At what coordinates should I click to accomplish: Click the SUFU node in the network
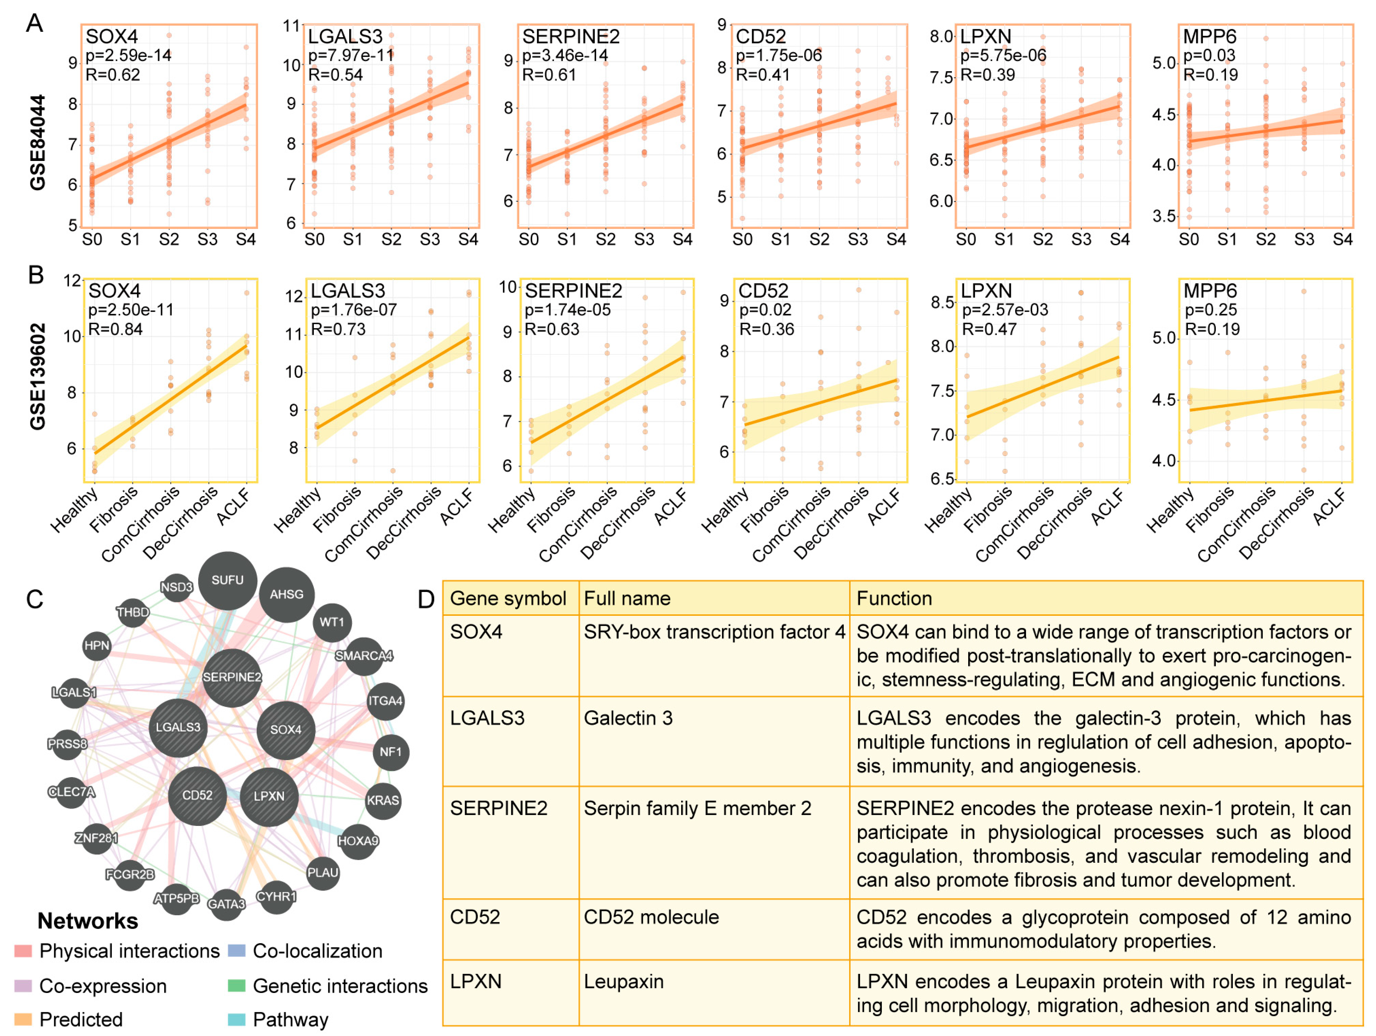pyautogui.click(x=228, y=580)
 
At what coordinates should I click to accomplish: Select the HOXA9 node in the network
pyautogui.click(x=358, y=841)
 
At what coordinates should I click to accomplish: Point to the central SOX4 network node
pyautogui.click(x=286, y=729)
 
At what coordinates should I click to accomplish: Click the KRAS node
pyautogui.click(x=383, y=800)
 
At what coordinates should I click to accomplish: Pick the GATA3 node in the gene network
pyautogui.click(x=226, y=903)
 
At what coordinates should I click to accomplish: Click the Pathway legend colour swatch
pyautogui.click(x=236, y=1019)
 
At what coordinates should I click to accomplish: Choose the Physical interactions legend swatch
pyautogui.click(x=23, y=951)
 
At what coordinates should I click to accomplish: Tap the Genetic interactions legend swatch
pyautogui.click(x=236, y=986)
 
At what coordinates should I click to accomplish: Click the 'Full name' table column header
pyautogui.click(x=627, y=598)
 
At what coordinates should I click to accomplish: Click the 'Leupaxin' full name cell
pyautogui.click(x=623, y=981)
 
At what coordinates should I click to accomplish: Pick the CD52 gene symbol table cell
pyautogui.click(x=475, y=917)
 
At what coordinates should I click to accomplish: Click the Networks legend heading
pyautogui.click(x=88, y=921)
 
